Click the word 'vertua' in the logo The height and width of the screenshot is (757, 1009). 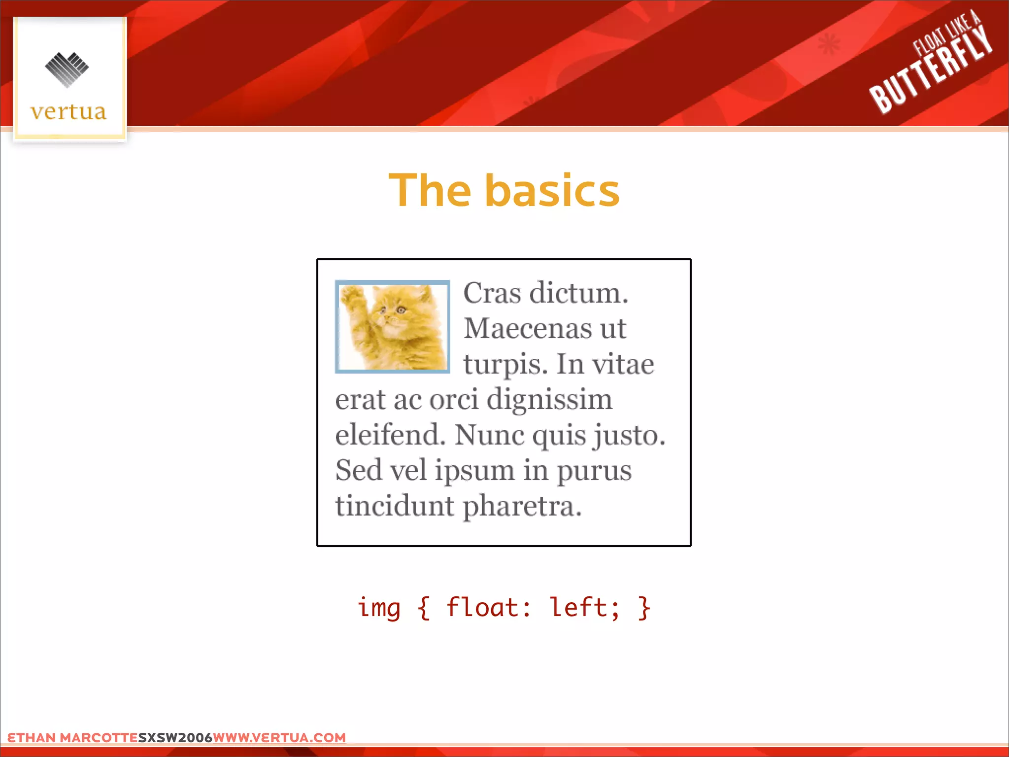[68, 112]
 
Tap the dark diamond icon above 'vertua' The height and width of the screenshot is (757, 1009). [67, 69]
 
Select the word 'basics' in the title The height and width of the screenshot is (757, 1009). [552, 191]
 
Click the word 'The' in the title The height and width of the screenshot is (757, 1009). [430, 191]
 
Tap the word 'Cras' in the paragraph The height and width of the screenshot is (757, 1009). [492, 293]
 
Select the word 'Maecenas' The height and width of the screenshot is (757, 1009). [527, 329]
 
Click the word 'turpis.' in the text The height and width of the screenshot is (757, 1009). [505, 365]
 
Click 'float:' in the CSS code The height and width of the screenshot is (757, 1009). [488, 607]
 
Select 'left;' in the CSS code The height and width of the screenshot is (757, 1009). [584, 607]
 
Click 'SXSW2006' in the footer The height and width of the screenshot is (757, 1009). [175, 738]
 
